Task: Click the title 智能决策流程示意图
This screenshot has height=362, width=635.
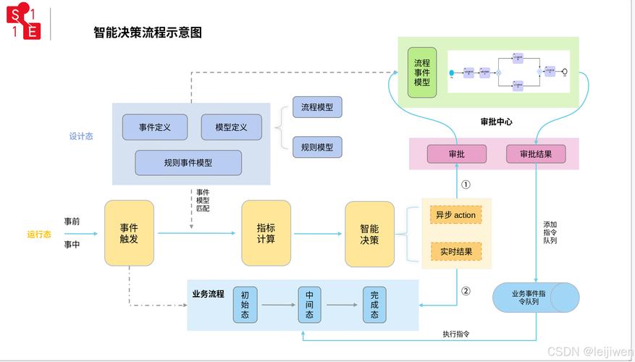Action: [148, 33]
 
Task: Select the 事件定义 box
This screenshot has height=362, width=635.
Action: [155, 127]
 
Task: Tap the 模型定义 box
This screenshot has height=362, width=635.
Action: [232, 127]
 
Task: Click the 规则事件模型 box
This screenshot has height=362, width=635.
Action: [188, 163]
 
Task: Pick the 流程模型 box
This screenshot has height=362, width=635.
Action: [317, 107]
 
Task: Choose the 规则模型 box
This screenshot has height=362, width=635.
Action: [317, 147]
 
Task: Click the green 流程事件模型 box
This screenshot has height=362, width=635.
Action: [421, 72]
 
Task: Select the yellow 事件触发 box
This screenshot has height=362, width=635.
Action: [130, 233]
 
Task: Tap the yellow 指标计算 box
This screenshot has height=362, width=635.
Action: [266, 233]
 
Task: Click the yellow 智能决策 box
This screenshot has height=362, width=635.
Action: [369, 233]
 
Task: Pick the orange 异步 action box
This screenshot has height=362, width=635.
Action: [455, 215]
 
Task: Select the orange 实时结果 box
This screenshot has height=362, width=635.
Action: [455, 252]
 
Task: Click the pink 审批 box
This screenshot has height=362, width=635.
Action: [456, 154]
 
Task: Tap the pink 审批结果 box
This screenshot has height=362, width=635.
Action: [535, 154]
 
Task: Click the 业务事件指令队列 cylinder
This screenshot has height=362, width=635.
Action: [535, 298]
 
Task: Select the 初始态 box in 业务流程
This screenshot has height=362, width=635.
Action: [245, 305]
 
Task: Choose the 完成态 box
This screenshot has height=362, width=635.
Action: [374, 305]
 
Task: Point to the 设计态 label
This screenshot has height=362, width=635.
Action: [81, 136]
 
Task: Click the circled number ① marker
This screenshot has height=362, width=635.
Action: [466, 185]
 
